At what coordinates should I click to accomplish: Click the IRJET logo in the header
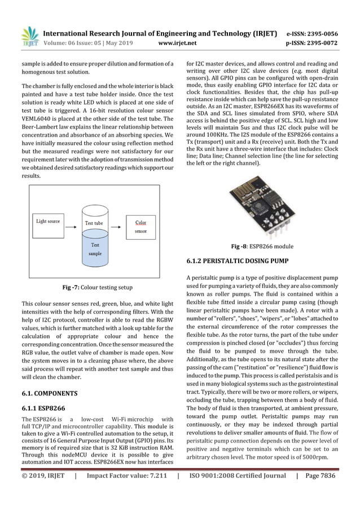pos(29,36)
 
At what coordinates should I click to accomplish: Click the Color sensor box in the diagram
pos(141,227)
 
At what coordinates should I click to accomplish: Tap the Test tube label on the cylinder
pos(94,223)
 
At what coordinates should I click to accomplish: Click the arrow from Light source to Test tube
pos(72,222)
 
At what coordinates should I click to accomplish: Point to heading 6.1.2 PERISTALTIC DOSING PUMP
pos(237,261)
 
